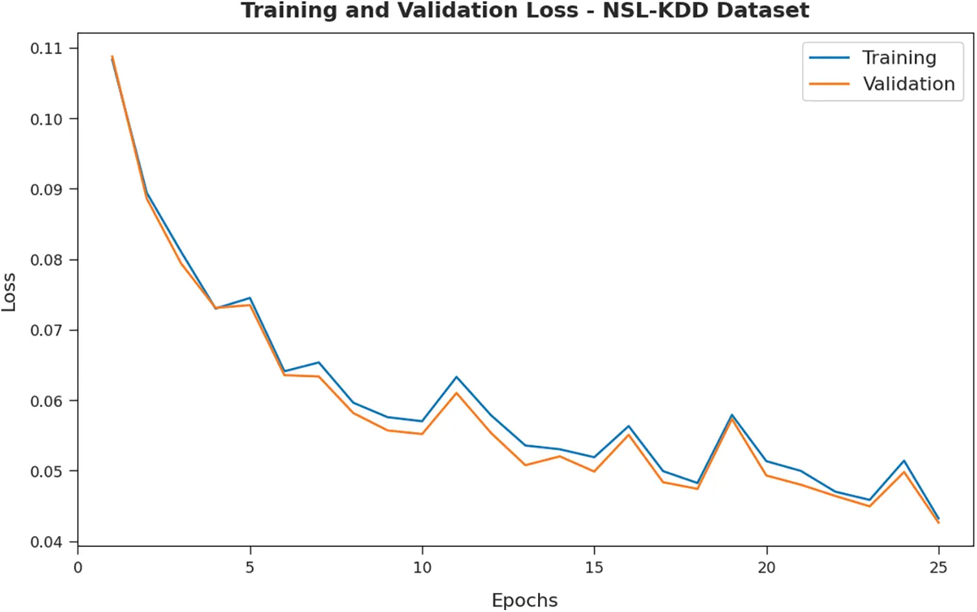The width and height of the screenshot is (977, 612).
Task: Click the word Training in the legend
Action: [898, 58]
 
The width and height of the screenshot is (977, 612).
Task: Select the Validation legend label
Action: [908, 84]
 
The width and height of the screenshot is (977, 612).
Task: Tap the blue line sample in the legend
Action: [829, 58]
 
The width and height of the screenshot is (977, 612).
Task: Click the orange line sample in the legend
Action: [829, 84]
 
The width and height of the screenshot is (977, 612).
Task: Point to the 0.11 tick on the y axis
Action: [46, 49]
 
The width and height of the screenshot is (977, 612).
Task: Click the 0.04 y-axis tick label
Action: [46, 542]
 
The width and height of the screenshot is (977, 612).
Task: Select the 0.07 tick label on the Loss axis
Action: [46, 330]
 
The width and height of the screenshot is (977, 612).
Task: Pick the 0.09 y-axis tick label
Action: [46, 190]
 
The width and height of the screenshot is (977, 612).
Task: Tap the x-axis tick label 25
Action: [938, 568]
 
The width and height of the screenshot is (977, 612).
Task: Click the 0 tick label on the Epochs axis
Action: [78, 568]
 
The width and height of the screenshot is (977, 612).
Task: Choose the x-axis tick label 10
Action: [422, 568]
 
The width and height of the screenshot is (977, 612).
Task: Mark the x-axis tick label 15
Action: [594, 568]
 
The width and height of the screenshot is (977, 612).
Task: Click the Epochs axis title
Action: [525, 600]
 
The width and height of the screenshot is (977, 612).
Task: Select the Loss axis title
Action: [9, 292]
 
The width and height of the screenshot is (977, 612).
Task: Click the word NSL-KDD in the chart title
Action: [656, 11]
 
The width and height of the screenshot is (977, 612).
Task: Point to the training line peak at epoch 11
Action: [456, 377]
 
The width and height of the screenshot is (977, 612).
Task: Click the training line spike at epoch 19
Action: [732, 415]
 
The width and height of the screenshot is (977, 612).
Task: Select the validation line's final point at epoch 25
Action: [938, 522]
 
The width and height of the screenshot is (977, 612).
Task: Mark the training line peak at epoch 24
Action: [904, 461]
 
